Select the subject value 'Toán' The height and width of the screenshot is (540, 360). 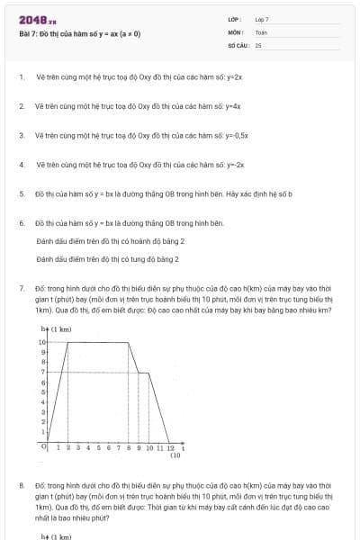(261, 31)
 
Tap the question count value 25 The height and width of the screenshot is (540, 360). (258, 44)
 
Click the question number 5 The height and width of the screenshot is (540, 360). (21, 193)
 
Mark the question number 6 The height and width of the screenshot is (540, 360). (21, 222)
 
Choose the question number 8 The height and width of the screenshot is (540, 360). (21, 485)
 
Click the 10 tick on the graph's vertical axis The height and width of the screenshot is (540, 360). (41, 342)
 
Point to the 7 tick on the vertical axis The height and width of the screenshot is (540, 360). (42, 371)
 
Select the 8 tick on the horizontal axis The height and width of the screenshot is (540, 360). (129, 447)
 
